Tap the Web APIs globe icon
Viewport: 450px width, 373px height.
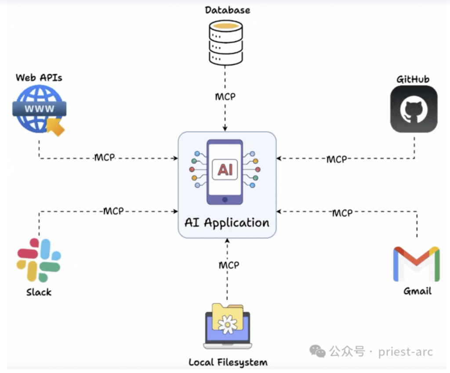pyautogui.click(x=39, y=109)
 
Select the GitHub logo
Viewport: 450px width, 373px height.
pyautogui.click(x=414, y=109)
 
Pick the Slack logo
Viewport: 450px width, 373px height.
pyautogui.click(x=39, y=260)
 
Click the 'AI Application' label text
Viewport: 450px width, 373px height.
pyautogui.click(x=227, y=222)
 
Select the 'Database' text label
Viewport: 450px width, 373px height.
pyautogui.click(x=227, y=10)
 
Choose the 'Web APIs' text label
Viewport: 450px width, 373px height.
pyautogui.click(x=39, y=78)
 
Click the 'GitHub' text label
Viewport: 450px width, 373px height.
pyautogui.click(x=413, y=79)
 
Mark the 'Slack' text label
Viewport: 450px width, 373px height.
pyautogui.click(x=39, y=292)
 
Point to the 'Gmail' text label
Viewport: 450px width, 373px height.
pyautogui.click(x=417, y=291)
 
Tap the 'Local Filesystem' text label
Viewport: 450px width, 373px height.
pyautogui.click(x=228, y=362)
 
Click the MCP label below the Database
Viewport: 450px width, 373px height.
pyautogui.click(x=225, y=96)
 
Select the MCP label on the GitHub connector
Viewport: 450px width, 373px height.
pyautogui.click(x=337, y=159)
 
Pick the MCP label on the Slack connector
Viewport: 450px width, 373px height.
pyautogui.click(x=113, y=211)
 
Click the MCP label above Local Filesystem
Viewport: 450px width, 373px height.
pyautogui.click(x=229, y=265)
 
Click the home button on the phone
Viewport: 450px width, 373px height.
pyautogui.click(x=225, y=199)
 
